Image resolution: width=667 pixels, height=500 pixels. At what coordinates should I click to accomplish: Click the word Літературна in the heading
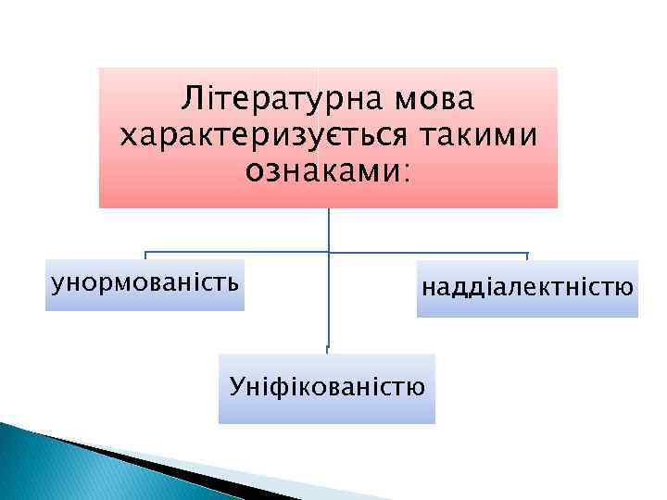pyautogui.click(x=273, y=98)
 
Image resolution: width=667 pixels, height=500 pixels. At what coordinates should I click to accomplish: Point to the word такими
pyautogui.click(x=478, y=135)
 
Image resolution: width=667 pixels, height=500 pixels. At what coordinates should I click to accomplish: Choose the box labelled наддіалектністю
pyautogui.click(x=527, y=289)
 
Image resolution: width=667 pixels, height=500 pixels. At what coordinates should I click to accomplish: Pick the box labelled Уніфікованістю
pyautogui.click(x=326, y=388)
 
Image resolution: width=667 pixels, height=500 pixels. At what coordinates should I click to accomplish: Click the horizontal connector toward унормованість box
pyautogui.click(x=236, y=252)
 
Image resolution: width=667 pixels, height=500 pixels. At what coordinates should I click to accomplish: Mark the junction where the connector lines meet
pyautogui.click(x=329, y=252)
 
